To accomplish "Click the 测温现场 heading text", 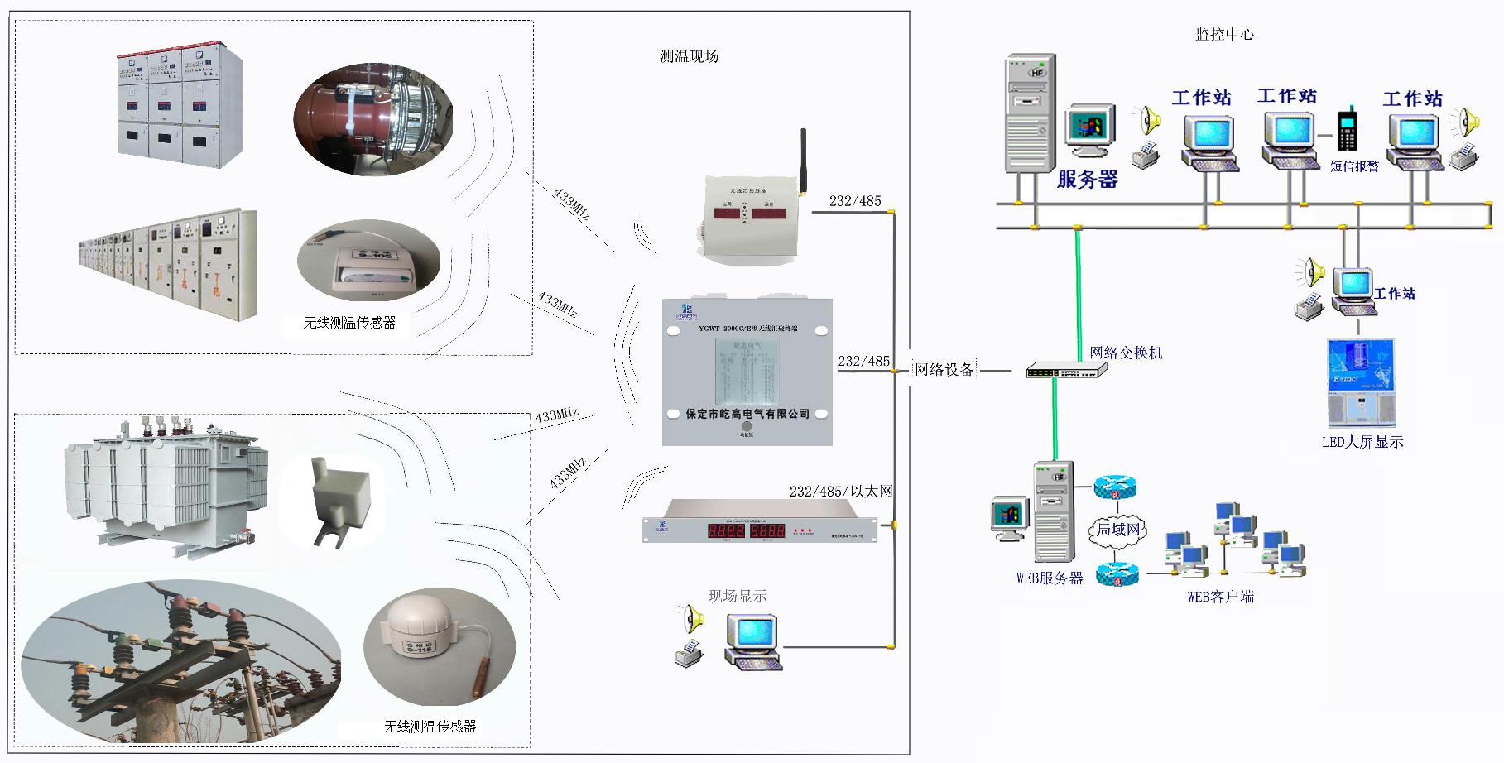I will (689, 56).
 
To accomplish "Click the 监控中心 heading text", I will (1224, 34).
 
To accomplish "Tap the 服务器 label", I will (1087, 180).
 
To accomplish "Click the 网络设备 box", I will (944, 369).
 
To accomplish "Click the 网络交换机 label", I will (1126, 353).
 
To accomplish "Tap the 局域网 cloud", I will (1117, 530).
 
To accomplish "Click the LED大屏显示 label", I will (1362, 442).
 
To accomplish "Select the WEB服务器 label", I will (1049, 578).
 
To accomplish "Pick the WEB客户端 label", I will (1220, 597).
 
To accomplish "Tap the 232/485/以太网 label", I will (840, 492).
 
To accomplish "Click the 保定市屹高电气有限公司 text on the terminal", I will (747, 414).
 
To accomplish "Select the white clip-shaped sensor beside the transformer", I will (337, 501).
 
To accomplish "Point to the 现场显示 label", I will (737, 596).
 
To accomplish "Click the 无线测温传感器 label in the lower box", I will (430, 726).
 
